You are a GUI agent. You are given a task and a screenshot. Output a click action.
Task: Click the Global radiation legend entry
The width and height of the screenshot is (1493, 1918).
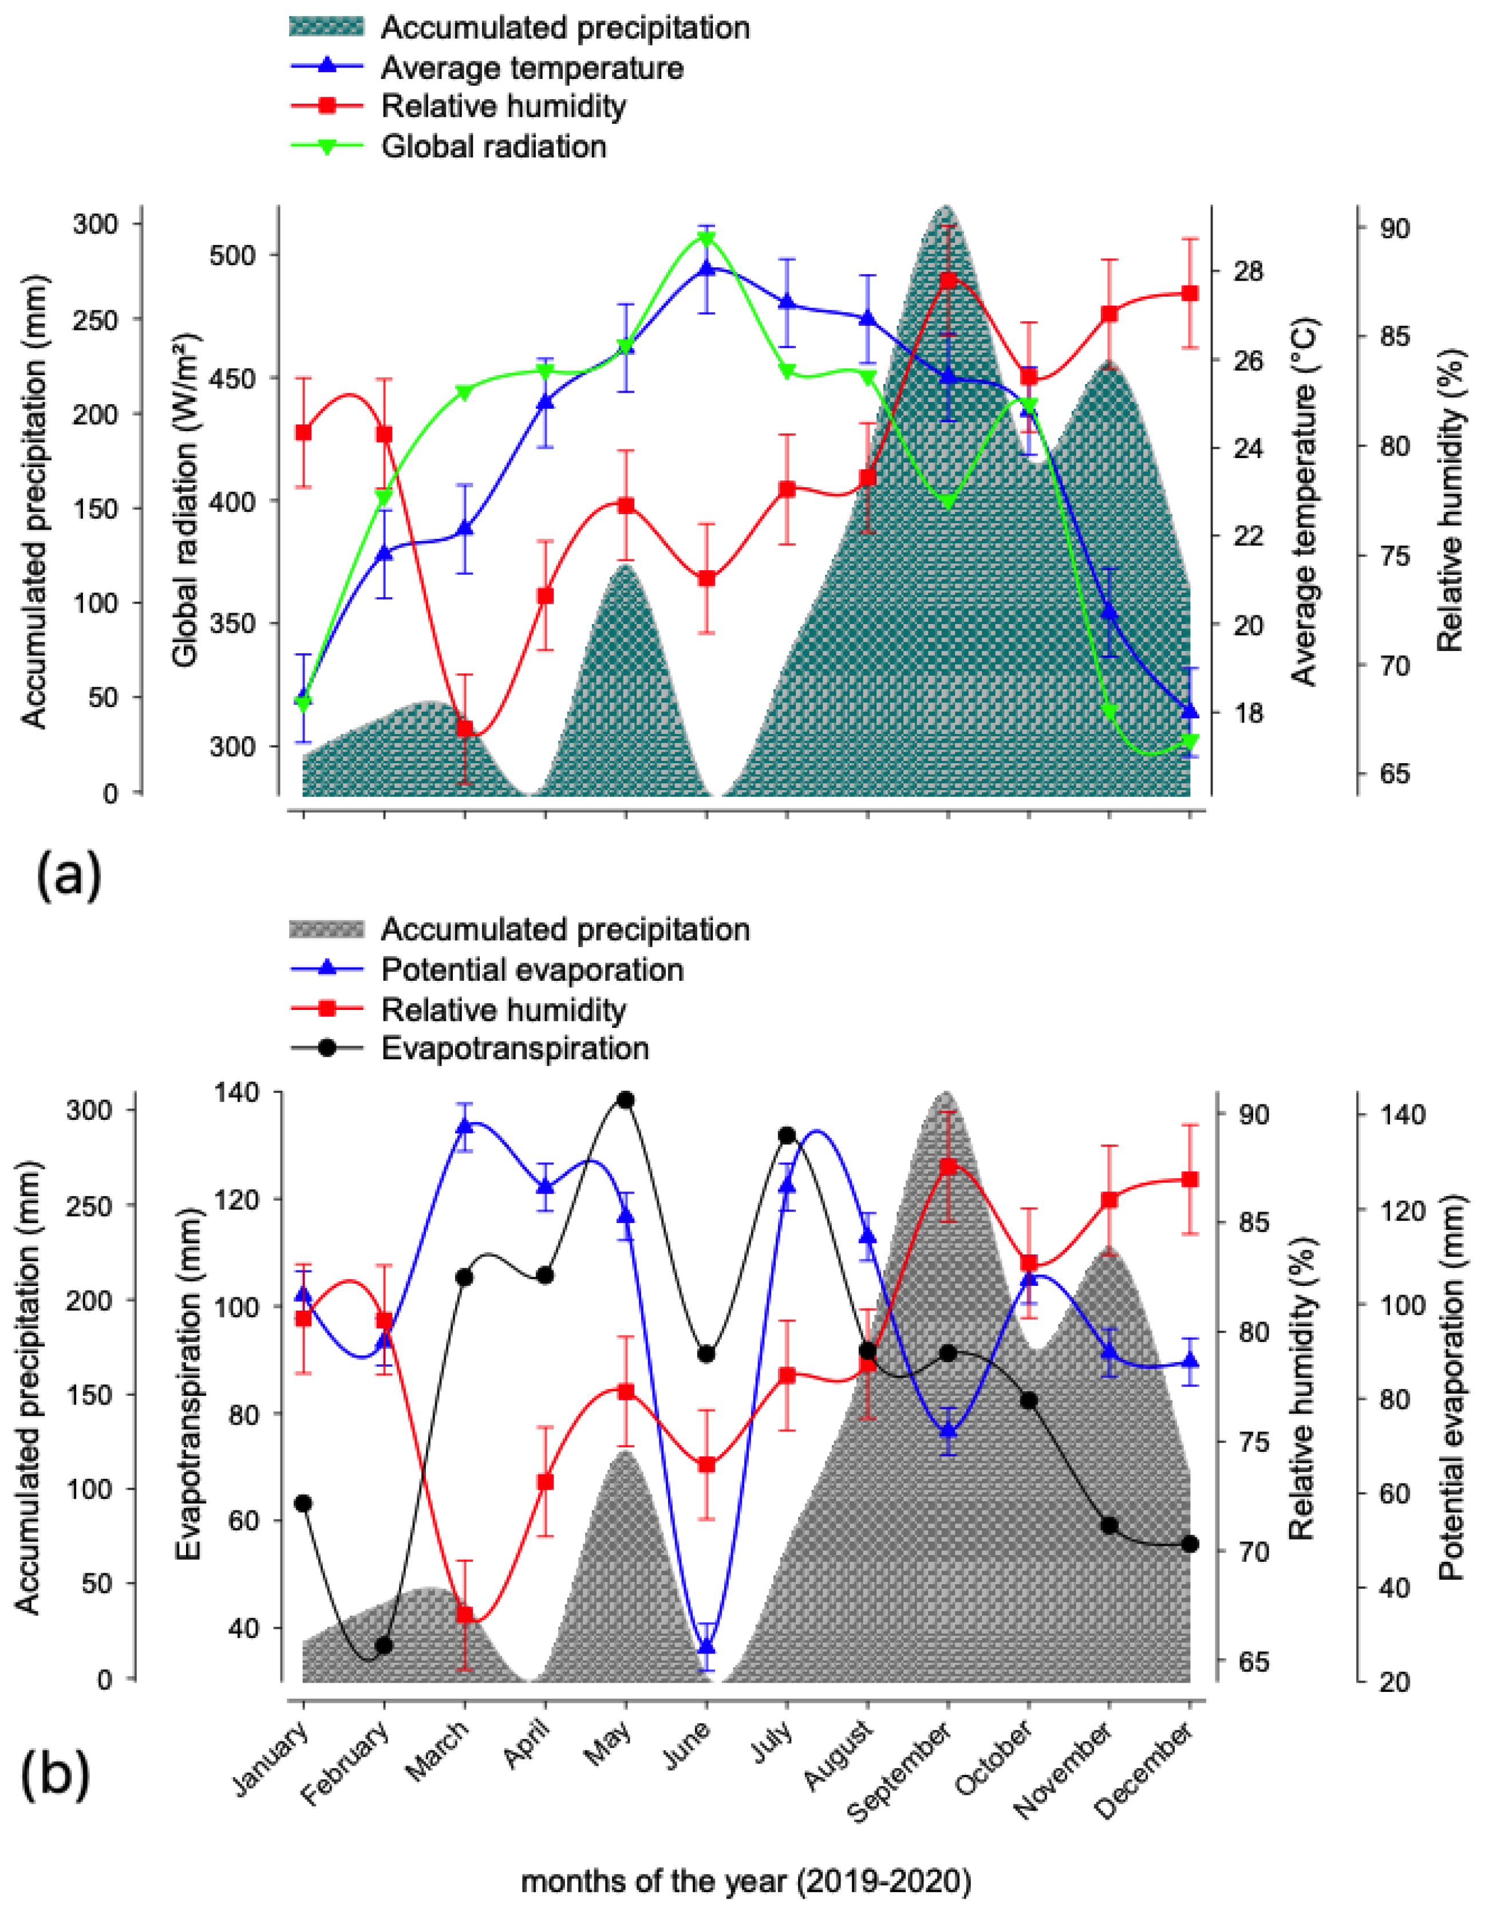[493, 146]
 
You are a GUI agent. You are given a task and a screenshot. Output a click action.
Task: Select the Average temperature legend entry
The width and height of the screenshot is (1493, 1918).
[531, 68]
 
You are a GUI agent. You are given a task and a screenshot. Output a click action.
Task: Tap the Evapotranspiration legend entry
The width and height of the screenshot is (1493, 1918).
[515, 1048]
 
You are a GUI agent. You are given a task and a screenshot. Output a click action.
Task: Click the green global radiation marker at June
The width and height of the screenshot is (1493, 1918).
[707, 239]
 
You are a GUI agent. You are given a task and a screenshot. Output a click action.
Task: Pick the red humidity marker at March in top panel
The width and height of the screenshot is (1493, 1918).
[465, 729]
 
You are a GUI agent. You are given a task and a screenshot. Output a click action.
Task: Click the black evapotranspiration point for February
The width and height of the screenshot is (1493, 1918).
[384, 1645]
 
